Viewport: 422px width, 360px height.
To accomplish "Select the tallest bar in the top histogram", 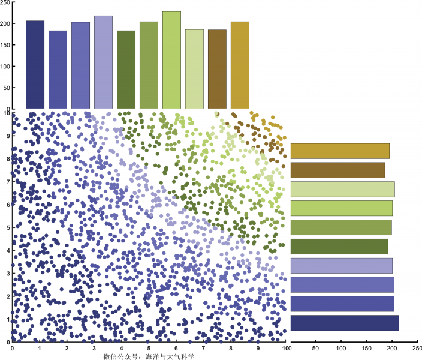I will tap(171, 60).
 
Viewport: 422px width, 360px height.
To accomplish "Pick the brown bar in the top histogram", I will tap(217, 69).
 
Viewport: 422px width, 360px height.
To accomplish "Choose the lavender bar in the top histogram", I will tap(103, 62).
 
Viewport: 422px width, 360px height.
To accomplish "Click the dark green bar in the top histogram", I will tap(126, 70).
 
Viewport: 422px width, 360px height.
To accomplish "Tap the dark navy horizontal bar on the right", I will tap(344, 323).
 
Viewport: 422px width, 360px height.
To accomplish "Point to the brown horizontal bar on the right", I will tap(337, 170).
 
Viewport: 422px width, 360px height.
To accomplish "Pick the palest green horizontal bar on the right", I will tap(342, 189).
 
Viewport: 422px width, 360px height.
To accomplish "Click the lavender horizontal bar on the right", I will tap(341, 265).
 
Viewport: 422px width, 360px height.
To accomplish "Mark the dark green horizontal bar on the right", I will tap(339, 246).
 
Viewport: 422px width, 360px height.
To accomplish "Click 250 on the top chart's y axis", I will tap(5, 2).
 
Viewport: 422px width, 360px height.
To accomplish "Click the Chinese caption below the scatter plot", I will tap(149, 356).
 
